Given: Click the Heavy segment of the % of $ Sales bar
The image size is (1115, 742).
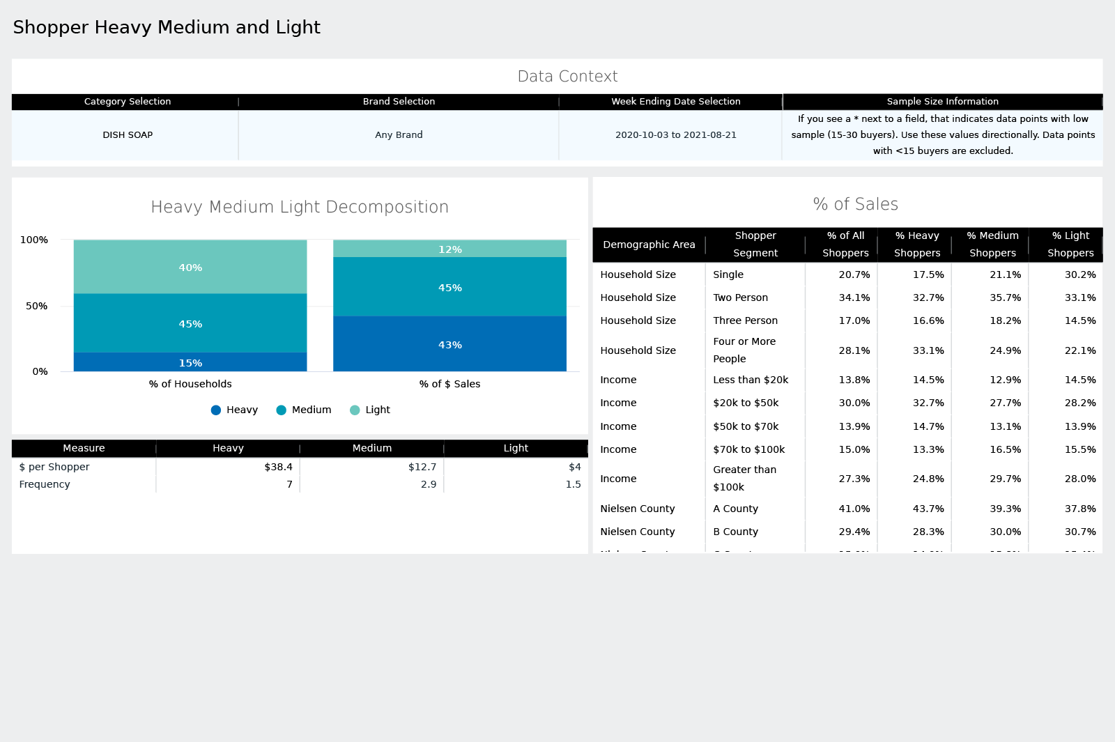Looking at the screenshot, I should pos(449,344).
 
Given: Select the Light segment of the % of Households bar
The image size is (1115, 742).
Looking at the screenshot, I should pos(190,267).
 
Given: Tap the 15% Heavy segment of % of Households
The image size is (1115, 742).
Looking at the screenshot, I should pos(190,362).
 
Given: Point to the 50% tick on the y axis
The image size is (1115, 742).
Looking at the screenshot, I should pos(36,306).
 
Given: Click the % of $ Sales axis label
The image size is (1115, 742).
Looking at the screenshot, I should pos(449,384).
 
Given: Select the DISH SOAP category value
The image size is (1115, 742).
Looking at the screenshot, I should pos(128,135).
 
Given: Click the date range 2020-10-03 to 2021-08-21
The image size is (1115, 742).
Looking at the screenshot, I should pos(675,135).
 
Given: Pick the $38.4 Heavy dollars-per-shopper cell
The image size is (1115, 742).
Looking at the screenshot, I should pos(278,467).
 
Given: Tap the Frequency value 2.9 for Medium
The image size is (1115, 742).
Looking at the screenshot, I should pos(429,484).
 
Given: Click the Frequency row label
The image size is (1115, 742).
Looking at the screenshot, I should pos(45,484).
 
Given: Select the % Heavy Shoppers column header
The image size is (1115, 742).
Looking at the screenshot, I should pos(917,245).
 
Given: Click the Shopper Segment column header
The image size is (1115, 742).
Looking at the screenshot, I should pos(755,245).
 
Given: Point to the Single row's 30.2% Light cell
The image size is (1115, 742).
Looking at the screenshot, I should pos(1079,275).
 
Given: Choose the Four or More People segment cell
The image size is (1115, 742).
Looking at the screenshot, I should pos(744,350).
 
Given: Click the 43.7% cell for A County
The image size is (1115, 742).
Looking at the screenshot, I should pos(928,509).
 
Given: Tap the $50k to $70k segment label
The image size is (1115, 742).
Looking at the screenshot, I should pos(746,426).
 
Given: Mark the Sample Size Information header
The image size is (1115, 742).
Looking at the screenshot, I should pos(942,102).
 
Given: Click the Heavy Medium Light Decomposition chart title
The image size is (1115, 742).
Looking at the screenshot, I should pos(300,207).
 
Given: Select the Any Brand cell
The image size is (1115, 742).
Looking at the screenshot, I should pos(399,135).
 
